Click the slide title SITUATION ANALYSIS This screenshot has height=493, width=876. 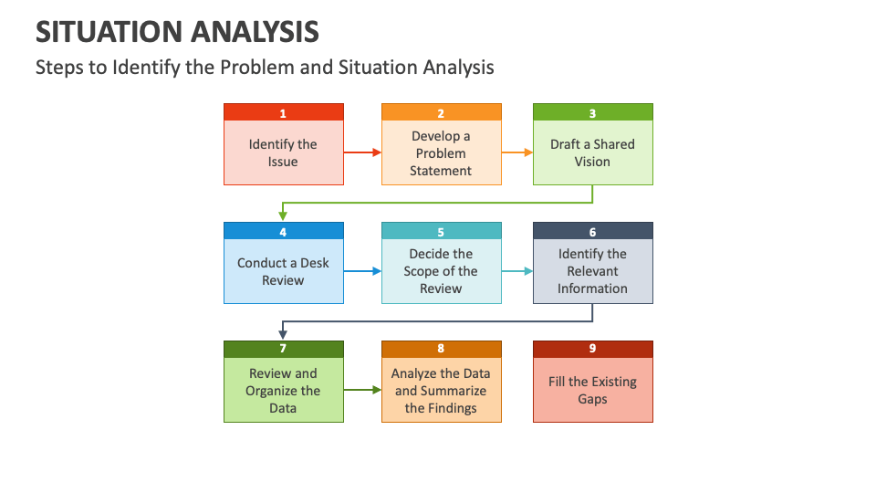click(x=177, y=32)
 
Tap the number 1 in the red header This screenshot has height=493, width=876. click(x=283, y=113)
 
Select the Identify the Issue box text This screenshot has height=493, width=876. click(x=283, y=152)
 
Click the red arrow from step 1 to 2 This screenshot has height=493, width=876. click(x=362, y=152)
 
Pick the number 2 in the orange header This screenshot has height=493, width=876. click(x=441, y=113)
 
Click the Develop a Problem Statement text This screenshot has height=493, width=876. click(x=441, y=152)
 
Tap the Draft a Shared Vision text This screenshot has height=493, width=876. click(x=592, y=152)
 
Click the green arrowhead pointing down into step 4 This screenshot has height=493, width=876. click(x=283, y=216)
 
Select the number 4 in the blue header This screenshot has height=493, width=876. click(x=283, y=232)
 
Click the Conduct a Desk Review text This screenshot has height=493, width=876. click(x=283, y=271)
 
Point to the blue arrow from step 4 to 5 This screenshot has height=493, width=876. click(x=362, y=271)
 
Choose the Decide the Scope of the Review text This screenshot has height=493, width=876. click(x=441, y=271)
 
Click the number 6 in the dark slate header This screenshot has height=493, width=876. click(x=592, y=232)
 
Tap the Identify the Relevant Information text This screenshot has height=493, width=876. click(x=592, y=271)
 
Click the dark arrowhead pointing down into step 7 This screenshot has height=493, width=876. click(x=283, y=335)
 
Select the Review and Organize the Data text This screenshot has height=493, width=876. click(x=283, y=390)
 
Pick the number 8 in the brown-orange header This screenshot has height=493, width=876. click(x=441, y=349)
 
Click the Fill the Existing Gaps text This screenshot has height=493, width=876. click(x=592, y=390)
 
